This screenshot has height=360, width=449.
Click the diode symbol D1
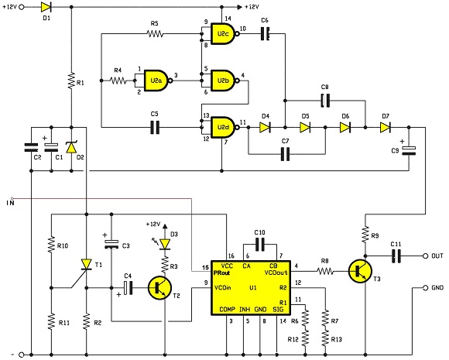coord(46,7)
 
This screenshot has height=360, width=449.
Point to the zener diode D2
coord(71,147)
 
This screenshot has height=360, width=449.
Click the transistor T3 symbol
coord(360,271)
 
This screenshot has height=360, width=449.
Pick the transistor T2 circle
coord(159,288)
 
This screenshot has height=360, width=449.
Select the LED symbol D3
coord(165,244)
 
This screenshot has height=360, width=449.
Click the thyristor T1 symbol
coord(86,265)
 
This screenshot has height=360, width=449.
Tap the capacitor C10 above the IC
coord(259,245)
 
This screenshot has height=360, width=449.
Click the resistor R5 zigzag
coord(155,34)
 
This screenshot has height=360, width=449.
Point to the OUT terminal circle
coord(426,255)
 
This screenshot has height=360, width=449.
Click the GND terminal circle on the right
coord(426,288)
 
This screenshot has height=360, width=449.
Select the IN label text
coord(10,203)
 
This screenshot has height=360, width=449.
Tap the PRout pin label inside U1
coord(222,273)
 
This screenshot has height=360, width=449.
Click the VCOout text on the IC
coord(276,273)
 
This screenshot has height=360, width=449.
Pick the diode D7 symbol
coord(386,128)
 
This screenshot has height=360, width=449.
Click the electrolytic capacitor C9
coord(409,151)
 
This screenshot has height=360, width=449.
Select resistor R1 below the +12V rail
coord(71,81)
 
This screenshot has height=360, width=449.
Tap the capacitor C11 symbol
coord(396,255)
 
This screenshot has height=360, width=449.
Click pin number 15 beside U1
coord(205,268)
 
